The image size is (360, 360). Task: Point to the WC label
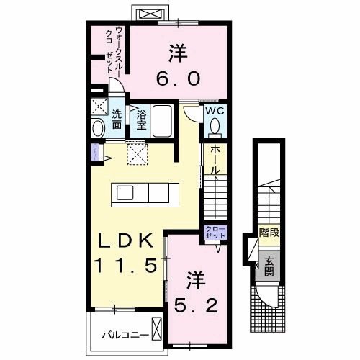tap(215, 112)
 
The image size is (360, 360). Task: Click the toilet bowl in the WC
tap(215, 127)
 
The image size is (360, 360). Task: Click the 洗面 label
tap(117, 118)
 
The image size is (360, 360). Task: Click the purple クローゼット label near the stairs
tap(215, 232)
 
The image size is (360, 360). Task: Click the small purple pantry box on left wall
tap(94, 152)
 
